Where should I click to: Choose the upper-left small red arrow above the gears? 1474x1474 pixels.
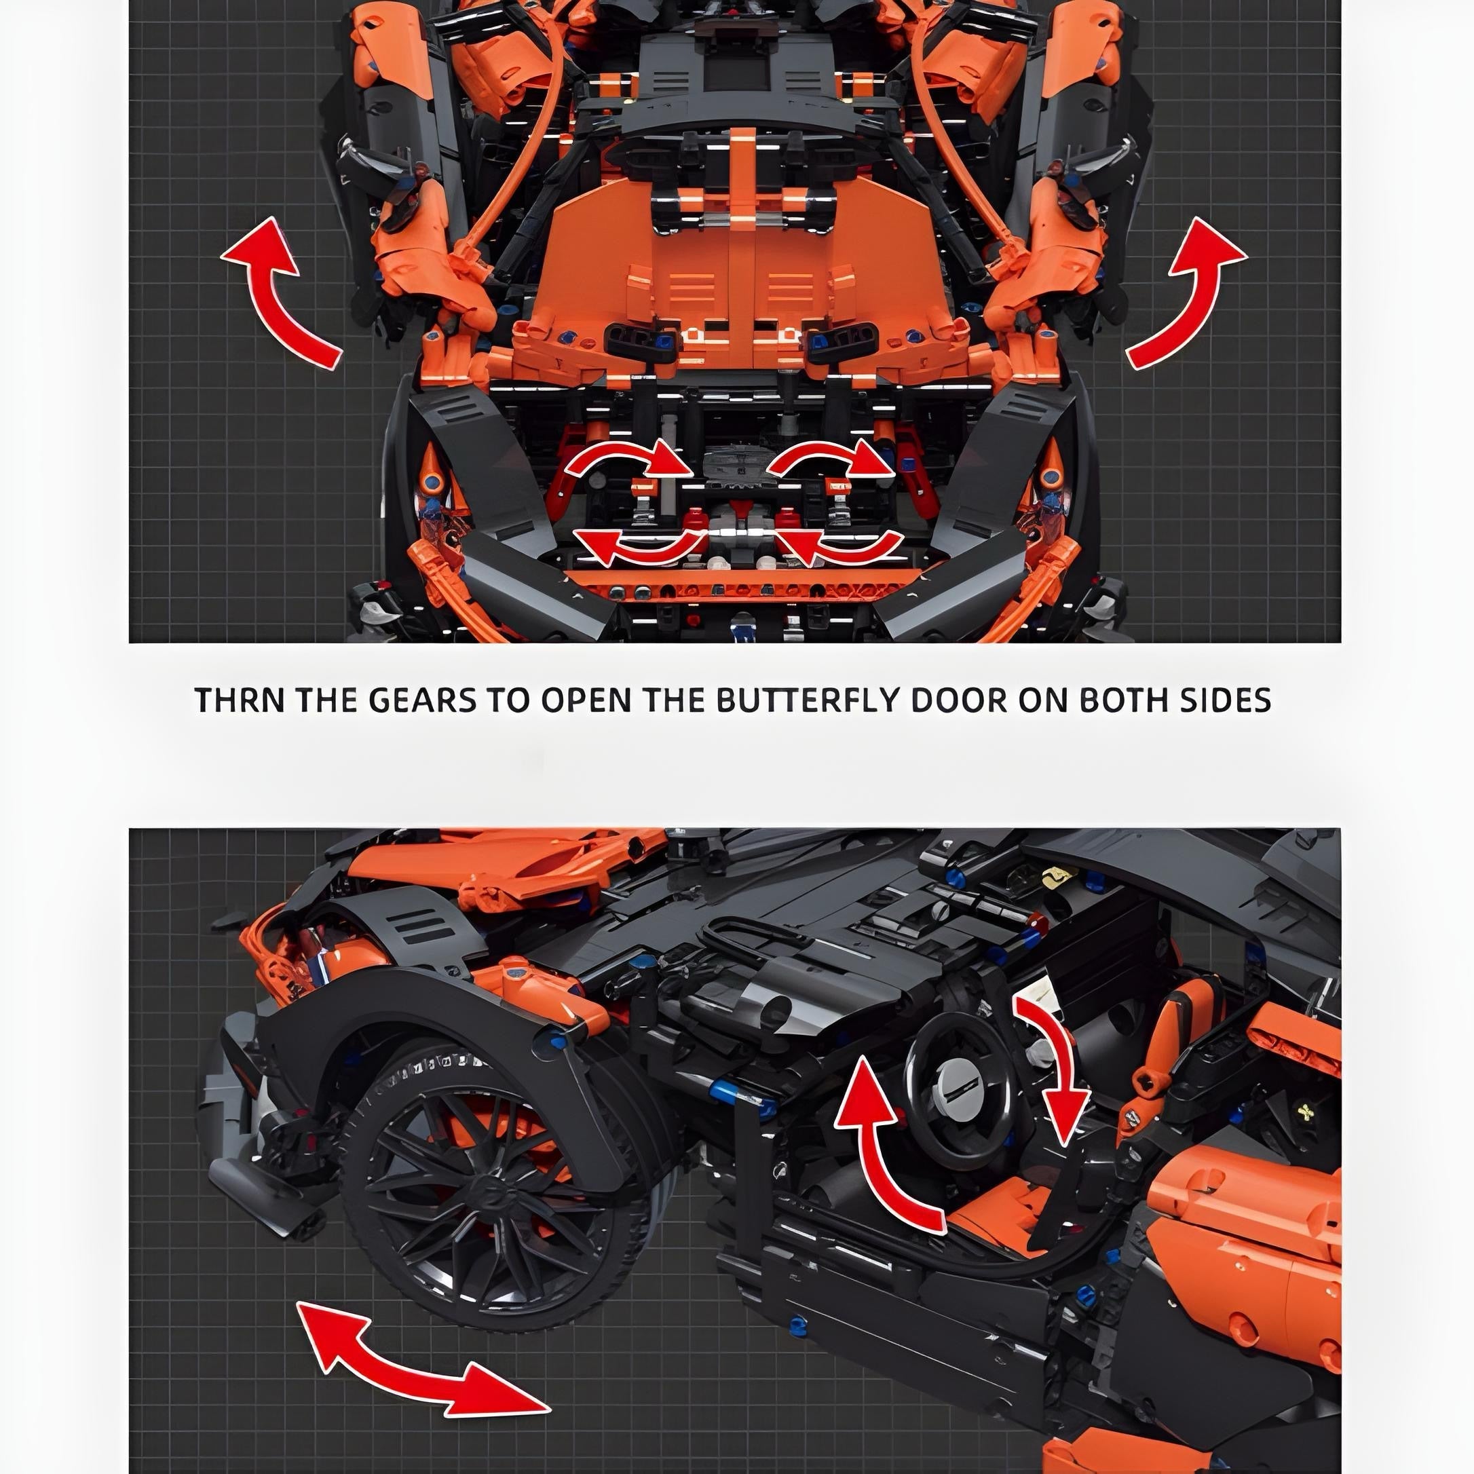627,461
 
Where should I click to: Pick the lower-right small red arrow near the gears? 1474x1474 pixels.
839,546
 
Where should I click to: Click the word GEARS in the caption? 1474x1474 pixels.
422,700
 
